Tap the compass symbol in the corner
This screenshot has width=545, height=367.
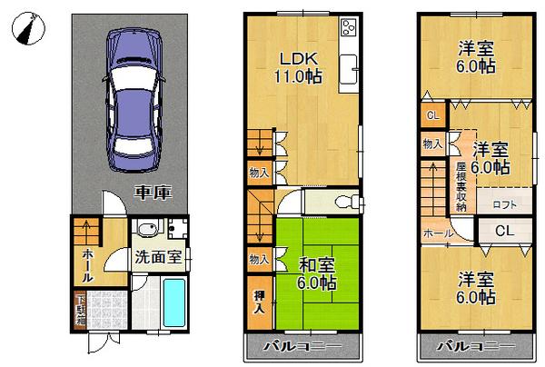pyautogui.click(x=27, y=29)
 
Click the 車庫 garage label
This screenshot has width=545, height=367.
pyautogui.click(x=151, y=193)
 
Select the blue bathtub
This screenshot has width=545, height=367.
pyautogui.click(x=176, y=304)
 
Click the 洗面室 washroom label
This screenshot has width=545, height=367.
pyautogui.click(x=158, y=257)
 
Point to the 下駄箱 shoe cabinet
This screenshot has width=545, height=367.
pyautogui.click(x=80, y=309)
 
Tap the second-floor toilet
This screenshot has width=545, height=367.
pyautogui.click(x=344, y=202)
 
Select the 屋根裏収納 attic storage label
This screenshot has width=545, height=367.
pyautogui.click(x=461, y=186)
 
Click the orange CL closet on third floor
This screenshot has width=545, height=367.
pyautogui.click(x=433, y=115)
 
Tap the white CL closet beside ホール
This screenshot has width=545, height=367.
pyautogui.click(x=504, y=231)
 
